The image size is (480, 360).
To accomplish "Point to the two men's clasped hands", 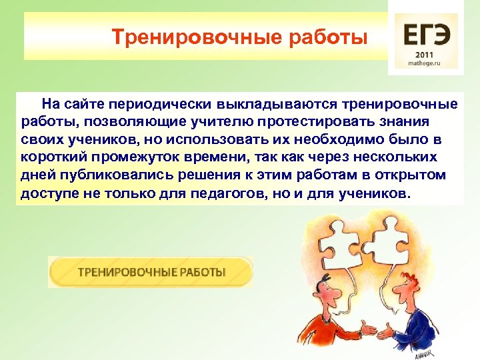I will pos(368,329).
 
